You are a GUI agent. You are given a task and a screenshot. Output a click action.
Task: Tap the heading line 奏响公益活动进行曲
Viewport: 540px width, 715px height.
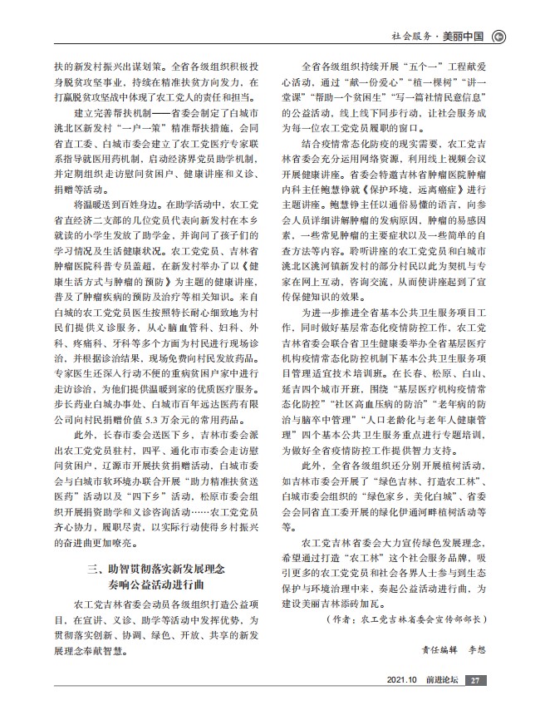160,587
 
